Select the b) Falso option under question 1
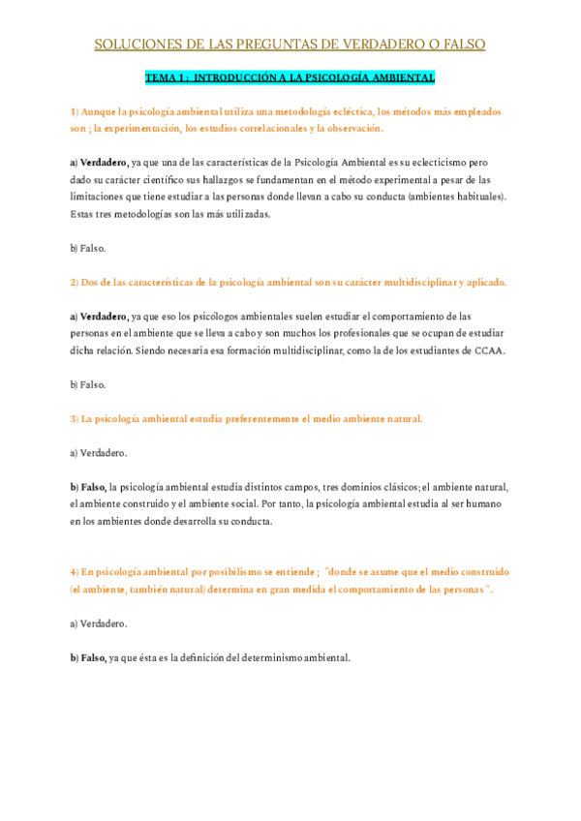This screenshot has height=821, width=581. pos(87,248)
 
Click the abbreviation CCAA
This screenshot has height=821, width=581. pos(488,350)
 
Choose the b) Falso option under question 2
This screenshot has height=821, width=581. pos(87,384)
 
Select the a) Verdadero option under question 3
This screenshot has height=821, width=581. pos(98,452)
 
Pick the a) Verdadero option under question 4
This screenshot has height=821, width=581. pos(98,623)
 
